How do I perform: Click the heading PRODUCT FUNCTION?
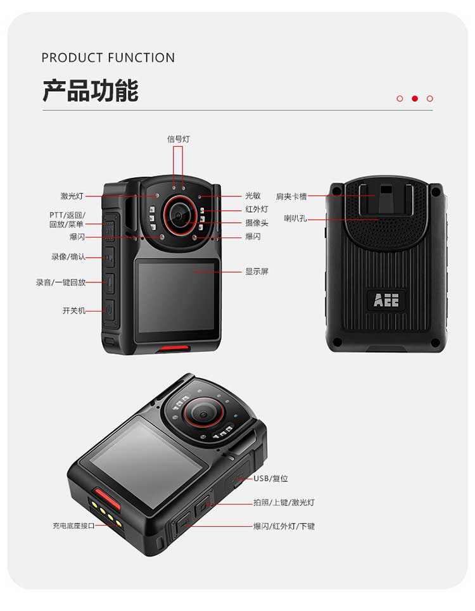108,58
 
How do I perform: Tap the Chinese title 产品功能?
91,91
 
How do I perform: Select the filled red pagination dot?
415,99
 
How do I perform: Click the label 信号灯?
179,139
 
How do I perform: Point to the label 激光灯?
72,196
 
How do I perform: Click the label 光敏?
253,196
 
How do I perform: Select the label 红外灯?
256,209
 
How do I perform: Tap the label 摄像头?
256,223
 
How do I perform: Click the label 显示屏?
256,272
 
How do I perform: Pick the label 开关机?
73,311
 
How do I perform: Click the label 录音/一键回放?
60,282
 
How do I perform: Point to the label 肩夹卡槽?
291,196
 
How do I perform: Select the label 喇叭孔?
295,218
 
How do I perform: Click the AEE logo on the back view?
386,300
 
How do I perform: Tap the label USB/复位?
270,479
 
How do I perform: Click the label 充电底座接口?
73,526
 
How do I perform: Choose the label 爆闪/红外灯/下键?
284,526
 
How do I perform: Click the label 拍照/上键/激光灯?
284,503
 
